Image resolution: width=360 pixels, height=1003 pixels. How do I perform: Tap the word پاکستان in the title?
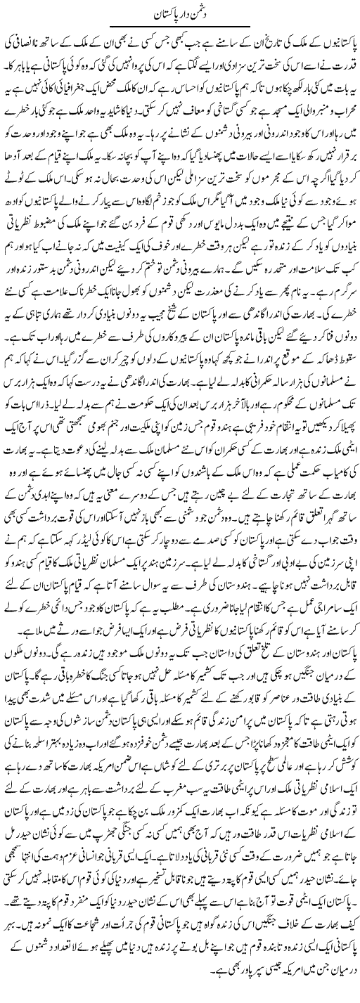[163, 13]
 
